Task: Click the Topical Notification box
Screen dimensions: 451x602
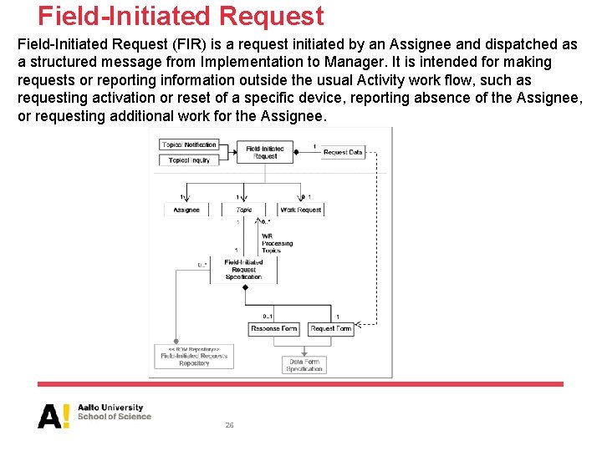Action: click(189, 145)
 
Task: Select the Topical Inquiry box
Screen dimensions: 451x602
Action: click(189, 160)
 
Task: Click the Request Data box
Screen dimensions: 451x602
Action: click(343, 153)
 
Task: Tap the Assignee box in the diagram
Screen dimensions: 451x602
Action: click(186, 210)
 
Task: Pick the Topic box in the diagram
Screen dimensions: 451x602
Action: click(244, 210)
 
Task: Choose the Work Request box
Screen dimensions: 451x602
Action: click(301, 210)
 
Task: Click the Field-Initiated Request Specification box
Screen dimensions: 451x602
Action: click(244, 270)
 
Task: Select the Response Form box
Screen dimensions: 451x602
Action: click(273, 329)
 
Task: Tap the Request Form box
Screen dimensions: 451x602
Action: click(331, 329)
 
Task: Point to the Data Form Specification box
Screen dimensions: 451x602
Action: click(304, 365)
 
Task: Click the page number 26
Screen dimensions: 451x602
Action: click(229, 425)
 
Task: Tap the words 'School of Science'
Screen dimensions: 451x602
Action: click(115, 417)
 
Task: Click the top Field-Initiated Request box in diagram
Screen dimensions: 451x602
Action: click(265, 153)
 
